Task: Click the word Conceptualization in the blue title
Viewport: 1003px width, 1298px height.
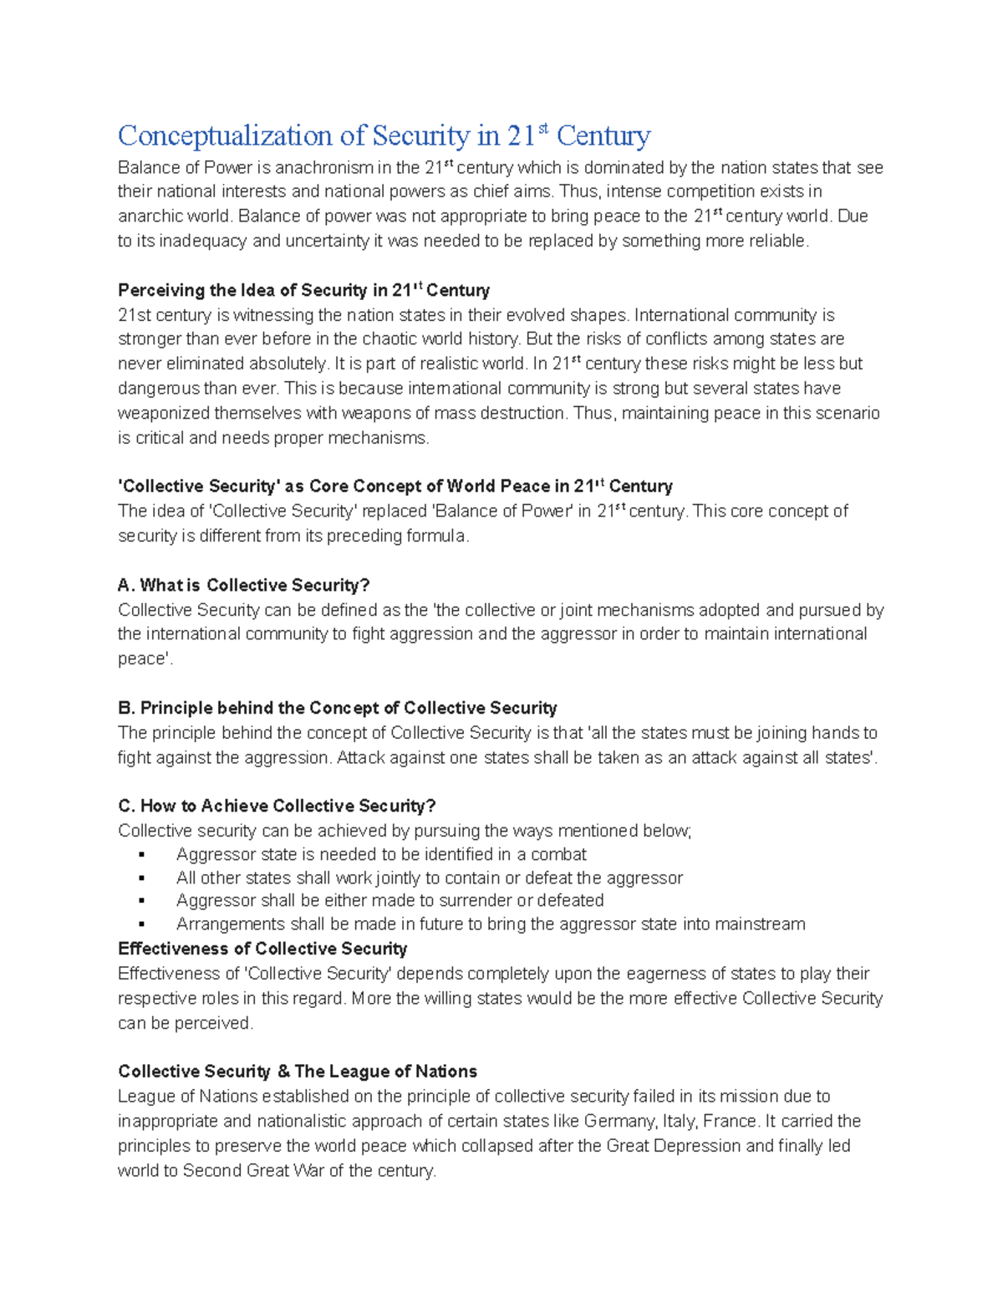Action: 225,135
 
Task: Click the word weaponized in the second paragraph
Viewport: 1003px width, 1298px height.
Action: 163,413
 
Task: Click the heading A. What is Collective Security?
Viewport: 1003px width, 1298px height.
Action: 243,585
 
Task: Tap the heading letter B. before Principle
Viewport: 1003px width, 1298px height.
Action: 126,708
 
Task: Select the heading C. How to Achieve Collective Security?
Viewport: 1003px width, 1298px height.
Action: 277,806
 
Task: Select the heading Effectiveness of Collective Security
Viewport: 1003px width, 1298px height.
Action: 262,949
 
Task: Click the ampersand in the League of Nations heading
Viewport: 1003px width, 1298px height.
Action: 283,1071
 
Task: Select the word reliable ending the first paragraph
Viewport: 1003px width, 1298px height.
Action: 779,242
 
